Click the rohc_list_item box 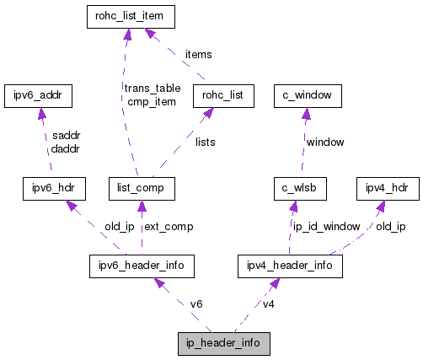129,15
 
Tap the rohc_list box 222,96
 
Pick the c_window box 307,96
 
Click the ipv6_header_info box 142,266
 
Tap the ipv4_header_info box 289,266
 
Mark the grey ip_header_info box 223,344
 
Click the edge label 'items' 198,54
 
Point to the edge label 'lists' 205,142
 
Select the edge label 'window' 324,142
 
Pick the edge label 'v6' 196,304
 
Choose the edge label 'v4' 269,304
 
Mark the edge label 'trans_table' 153,88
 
